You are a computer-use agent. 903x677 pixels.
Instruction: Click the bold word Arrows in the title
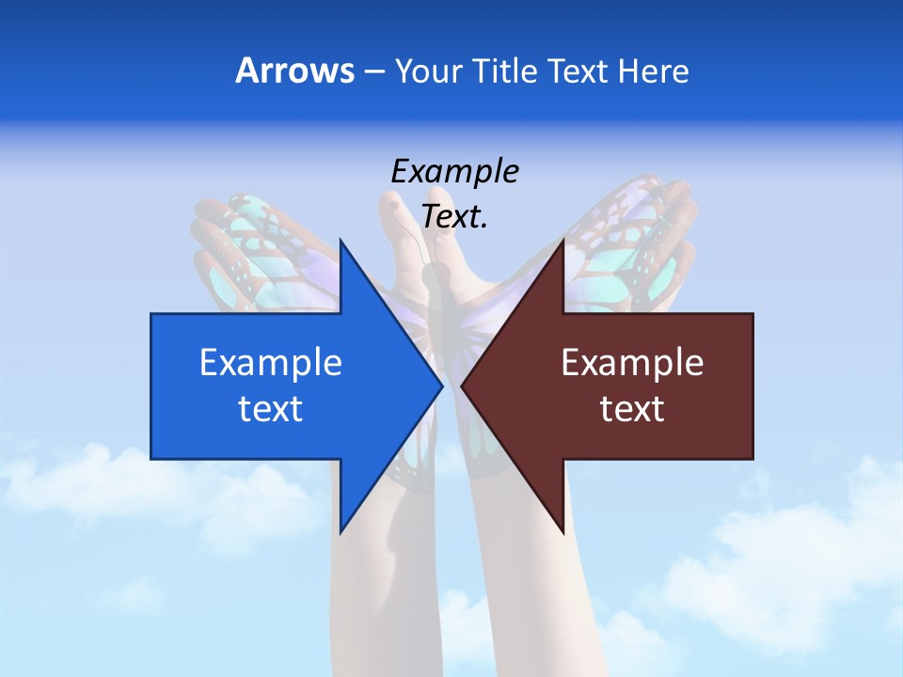point(295,71)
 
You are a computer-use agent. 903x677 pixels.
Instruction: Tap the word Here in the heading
point(653,71)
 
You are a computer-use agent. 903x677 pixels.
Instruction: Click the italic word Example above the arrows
point(454,172)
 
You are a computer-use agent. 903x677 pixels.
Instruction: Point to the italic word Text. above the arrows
point(454,217)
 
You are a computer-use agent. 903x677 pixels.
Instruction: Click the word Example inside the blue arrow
point(271,363)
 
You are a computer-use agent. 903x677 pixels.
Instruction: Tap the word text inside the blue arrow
point(271,409)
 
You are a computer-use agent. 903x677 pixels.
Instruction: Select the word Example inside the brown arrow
point(632,363)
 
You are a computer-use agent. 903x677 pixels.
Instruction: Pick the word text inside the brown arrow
point(632,409)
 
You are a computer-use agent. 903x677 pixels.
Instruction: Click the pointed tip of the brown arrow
point(463,386)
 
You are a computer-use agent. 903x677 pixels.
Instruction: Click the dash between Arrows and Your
point(373,72)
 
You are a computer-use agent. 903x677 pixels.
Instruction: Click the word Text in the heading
point(577,71)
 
